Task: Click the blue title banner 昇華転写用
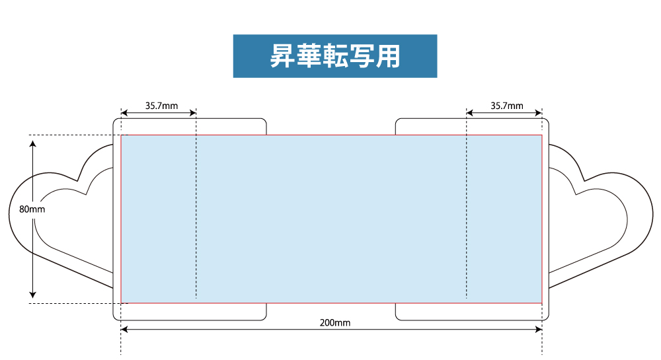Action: pos(335,56)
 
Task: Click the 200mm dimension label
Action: pos(334,323)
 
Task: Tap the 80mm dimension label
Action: pos(32,209)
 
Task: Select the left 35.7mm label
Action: pos(161,106)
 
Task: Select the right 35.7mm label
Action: pos(507,106)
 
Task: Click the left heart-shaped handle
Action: pos(61,217)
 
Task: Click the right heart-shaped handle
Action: pos(601,217)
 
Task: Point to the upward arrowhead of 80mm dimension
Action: pos(33,143)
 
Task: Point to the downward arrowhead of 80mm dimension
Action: pos(33,295)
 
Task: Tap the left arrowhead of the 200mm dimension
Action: pos(124,329)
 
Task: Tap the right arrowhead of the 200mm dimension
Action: pos(539,329)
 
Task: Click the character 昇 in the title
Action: pos(282,56)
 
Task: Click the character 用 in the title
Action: pos(388,56)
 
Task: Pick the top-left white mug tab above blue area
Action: pos(190,127)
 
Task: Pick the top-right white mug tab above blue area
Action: pos(472,127)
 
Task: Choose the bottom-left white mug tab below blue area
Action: pos(190,312)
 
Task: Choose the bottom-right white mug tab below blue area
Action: pos(472,312)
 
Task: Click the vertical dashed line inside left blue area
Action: pos(196,203)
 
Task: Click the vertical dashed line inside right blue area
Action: pos(466,203)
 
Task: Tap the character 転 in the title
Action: pos(335,56)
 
